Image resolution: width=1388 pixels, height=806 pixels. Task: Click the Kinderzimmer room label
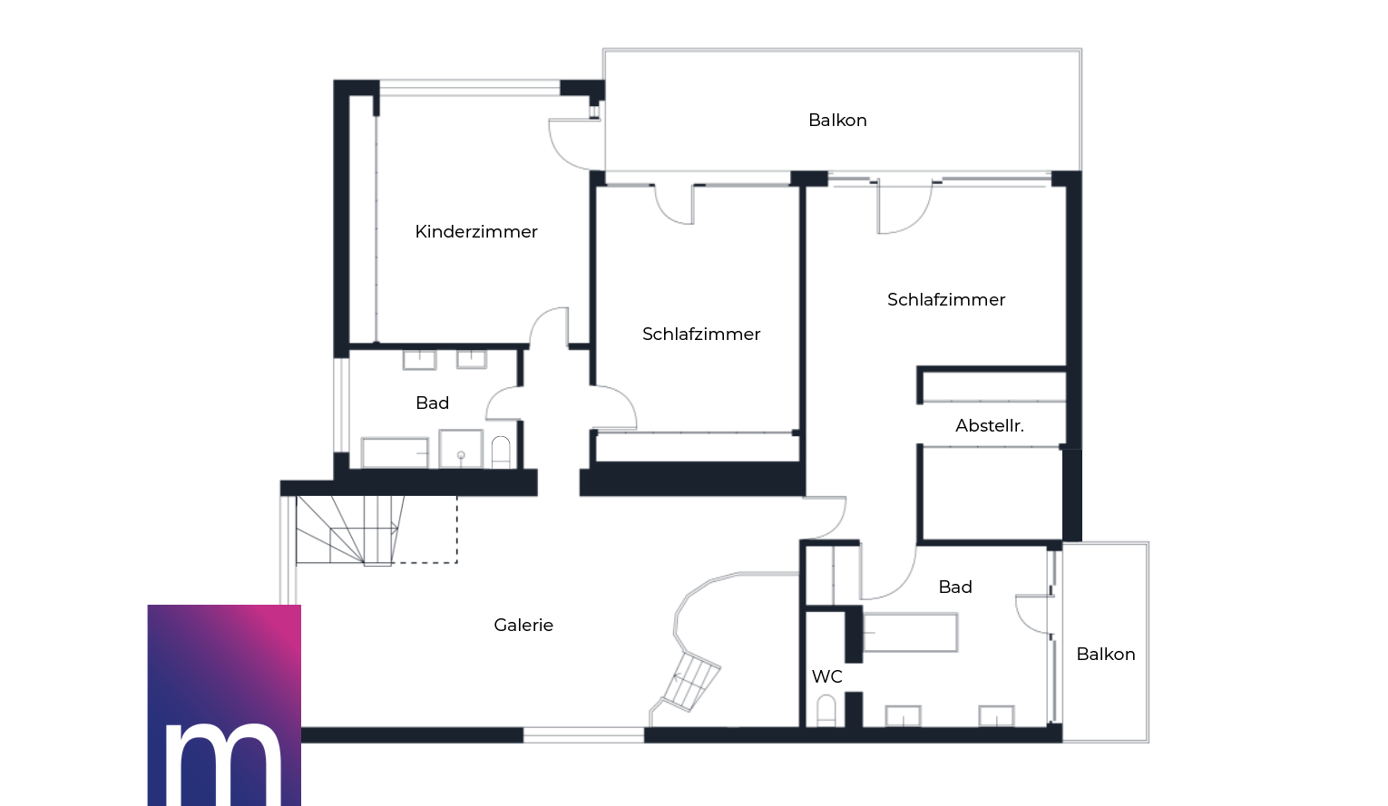(x=476, y=231)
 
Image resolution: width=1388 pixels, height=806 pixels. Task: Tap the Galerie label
(x=523, y=625)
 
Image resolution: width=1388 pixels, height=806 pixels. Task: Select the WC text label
(x=826, y=676)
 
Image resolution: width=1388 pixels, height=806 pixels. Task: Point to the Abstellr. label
(x=990, y=426)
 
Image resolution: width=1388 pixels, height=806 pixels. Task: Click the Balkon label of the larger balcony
(x=837, y=120)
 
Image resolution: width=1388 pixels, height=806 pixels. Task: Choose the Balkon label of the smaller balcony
(x=1106, y=655)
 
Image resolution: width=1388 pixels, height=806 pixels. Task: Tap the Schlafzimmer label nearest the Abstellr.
(x=945, y=299)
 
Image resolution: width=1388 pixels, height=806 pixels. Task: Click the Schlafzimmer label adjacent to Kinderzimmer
(x=701, y=335)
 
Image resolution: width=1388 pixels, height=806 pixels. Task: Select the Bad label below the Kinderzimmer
(x=432, y=403)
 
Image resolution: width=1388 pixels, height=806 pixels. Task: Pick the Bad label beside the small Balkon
(x=955, y=587)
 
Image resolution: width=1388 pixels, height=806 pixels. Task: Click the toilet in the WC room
(x=826, y=710)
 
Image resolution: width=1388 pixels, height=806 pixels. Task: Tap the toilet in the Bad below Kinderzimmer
(x=501, y=452)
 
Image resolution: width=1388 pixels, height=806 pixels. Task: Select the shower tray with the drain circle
(x=460, y=448)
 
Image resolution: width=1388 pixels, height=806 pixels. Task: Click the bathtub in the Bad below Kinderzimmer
(x=395, y=453)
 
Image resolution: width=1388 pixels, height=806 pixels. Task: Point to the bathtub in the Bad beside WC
(x=910, y=632)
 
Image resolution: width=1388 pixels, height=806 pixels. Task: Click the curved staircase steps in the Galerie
(x=692, y=681)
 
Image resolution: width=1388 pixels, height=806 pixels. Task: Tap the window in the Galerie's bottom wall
(x=583, y=734)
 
